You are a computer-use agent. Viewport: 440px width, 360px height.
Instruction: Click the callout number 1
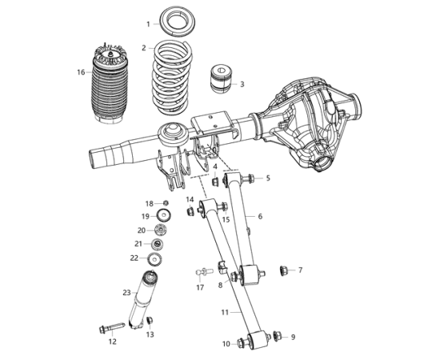[149, 25]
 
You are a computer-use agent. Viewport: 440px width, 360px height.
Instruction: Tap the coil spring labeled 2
[170, 78]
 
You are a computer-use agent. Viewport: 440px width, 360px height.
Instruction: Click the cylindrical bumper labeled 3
[221, 78]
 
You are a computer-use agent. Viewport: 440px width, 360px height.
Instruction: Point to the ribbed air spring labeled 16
[109, 84]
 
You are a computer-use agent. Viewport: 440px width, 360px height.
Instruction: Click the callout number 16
[81, 72]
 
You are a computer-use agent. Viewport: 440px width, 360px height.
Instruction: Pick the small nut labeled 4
[215, 182]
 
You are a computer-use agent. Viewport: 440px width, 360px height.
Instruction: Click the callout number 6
[260, 216]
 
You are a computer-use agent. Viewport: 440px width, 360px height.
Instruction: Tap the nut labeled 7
[284, 270]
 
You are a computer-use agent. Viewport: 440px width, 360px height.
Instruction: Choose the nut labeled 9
[278, 335]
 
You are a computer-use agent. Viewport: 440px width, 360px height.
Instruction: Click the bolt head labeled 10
[242, 343]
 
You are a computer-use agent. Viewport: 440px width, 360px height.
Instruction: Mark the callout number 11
[225, 312]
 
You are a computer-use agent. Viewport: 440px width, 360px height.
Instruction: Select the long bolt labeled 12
[112, 328]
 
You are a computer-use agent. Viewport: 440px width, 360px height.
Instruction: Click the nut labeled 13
[150, 320]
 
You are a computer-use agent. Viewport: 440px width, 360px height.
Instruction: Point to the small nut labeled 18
[166, 202]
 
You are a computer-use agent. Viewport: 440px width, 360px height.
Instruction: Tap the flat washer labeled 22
[155, 259]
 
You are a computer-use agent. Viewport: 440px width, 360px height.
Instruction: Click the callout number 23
[127, 293]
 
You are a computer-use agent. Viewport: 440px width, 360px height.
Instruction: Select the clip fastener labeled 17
[203, 272]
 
